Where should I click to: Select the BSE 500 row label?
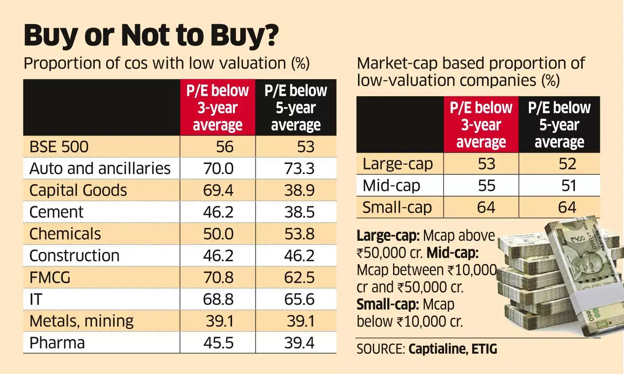click(59, 147)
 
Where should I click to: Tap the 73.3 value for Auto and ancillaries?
click(299, 169)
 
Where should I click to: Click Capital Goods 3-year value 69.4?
click(218, 191)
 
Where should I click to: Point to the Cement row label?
click(56, 212)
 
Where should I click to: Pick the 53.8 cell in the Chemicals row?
click(299, 234)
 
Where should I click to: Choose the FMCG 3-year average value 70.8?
click(218, 278)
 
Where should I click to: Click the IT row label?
click(35, 300)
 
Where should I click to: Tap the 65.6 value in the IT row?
click(299, 300)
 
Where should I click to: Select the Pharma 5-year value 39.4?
click(299, 343)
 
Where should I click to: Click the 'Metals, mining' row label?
click(81, 321)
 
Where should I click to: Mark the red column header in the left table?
click(217, 108)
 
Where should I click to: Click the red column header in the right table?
click(481, 125)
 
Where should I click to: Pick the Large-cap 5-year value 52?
click(567, 164)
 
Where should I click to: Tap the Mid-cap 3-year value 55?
click(486, 186)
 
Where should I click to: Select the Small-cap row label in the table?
click(397, 208)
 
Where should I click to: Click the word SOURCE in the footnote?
click(380, 349)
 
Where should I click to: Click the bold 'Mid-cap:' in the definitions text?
click(452, 253)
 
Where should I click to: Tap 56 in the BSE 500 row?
click(225, 147)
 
